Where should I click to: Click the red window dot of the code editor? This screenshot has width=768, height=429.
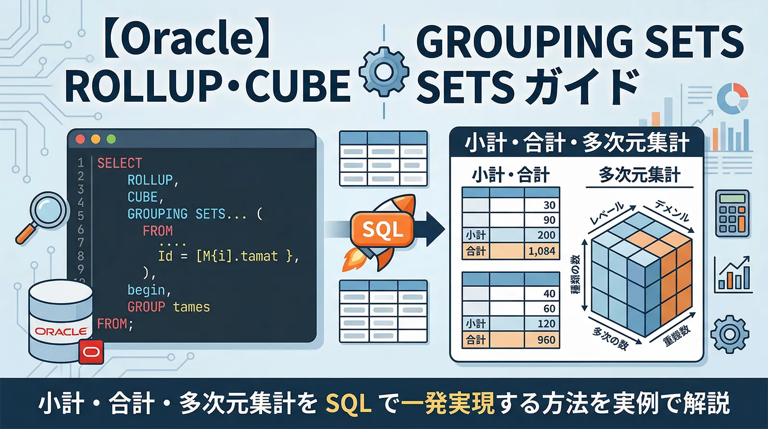click(x=81, y=139)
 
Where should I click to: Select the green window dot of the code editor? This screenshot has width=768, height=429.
click(x=111, y=139)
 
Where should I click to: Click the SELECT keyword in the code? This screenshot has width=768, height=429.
click(x=120, y=163)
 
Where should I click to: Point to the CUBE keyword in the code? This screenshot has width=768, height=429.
click(x=143, y=197)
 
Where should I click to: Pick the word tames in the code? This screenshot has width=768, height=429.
click(x=192, y=307)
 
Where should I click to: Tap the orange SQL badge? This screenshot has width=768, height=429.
click(x=383, y=230)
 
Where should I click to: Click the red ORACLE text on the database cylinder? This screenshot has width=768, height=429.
click(x=61, y=331)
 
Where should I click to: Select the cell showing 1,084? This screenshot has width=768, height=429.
click(x=541, y=251)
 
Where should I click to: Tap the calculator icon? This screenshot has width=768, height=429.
click(x=732, y=213)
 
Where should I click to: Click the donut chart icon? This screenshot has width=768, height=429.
click(x=732, y=98)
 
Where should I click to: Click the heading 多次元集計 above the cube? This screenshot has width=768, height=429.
click(x=639, y=175)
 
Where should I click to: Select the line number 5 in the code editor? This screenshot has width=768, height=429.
click(x=81, y=215)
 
